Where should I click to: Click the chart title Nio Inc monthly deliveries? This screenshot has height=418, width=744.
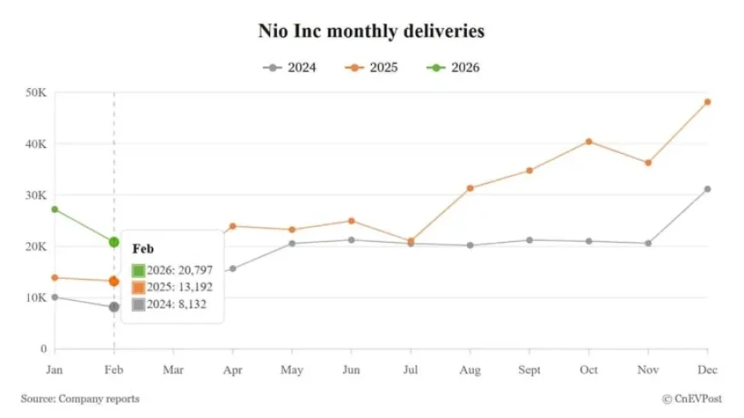click(371, 32)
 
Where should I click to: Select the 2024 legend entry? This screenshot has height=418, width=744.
click(290, 68)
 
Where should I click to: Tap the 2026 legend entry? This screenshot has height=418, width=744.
click(452, 68)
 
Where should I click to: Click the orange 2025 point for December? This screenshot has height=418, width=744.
click(707, 102)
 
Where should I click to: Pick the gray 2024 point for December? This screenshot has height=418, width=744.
click(707, 189)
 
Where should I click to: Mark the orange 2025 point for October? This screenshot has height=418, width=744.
click(588, 141)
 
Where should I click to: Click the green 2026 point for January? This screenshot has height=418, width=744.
click(55, 209)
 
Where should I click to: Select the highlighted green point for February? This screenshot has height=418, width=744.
click(114, 242)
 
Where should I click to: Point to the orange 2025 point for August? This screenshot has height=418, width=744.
click(469, 188)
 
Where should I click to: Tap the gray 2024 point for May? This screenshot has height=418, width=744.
click(292, 244)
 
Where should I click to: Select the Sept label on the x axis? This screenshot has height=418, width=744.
click(528, 369)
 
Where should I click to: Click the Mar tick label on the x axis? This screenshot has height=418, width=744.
click(173, 369)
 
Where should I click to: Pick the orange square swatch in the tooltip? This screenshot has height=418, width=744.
click(139, 287)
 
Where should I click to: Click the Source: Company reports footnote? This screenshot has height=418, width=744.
click(80, 398)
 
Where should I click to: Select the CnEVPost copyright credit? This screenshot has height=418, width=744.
click(693, 398)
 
